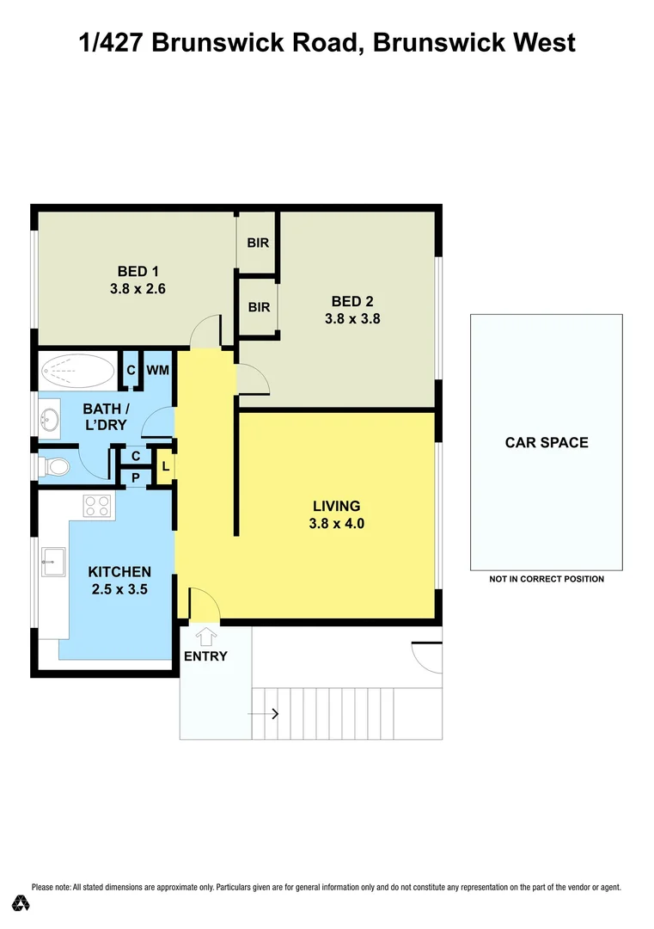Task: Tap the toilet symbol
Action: (x=55, y=467)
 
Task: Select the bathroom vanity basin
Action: (x=49, y=421)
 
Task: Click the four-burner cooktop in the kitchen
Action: (x=97, y=507)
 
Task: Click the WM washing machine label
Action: (x=157, y=370)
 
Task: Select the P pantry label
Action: (x=135, y=477)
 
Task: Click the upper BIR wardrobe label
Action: (x=258, y=243)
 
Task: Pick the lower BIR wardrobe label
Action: (x=259, y=307)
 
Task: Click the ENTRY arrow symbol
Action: (x=205, y=637)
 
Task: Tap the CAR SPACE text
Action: (x=547, y=443)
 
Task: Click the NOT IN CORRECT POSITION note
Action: (x=547, y=579)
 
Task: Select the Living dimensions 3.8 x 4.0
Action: (x=336, y=522)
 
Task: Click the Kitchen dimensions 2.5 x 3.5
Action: (x=119, y=589)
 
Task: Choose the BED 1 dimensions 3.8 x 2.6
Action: (x=137, y=289)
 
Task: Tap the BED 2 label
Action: (x=352, y=301)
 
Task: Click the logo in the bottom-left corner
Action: (x=21, y=902)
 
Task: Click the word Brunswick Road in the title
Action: (x=259, y=41)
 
